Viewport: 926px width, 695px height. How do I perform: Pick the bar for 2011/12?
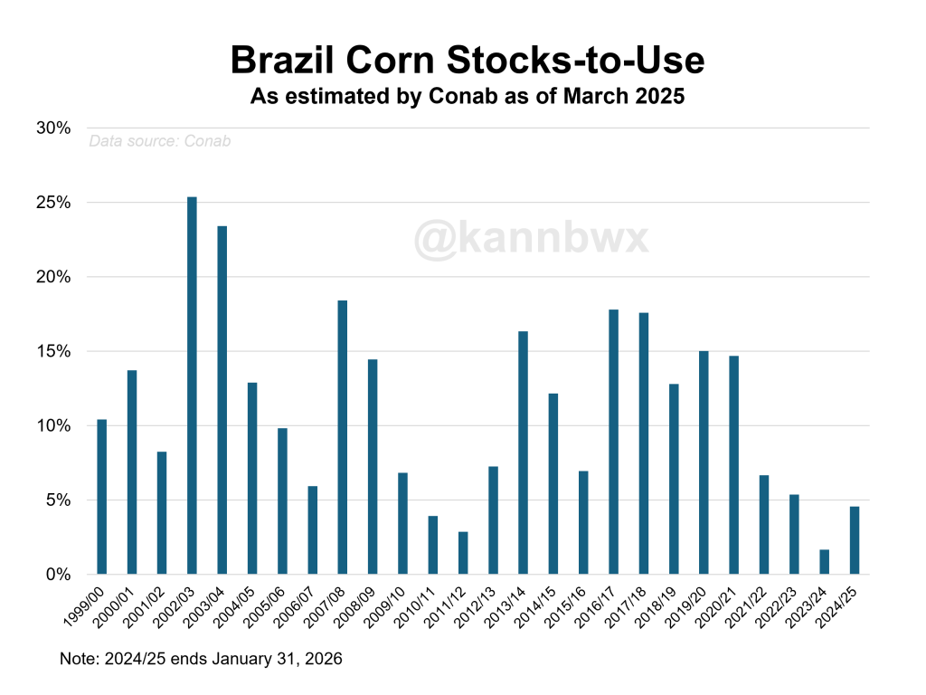click(x=463, y=553)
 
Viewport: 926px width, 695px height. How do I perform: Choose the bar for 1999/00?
click(x=101, y=497)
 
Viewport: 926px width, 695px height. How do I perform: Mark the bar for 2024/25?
click(x=854, y=540)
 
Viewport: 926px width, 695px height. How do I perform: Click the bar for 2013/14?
click(x=523, y=452)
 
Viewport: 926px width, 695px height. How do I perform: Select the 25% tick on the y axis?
click(x=53, y=203)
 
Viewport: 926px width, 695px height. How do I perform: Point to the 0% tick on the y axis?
click(x=57, y=575)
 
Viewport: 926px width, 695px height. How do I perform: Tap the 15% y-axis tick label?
click(x=53, y=351)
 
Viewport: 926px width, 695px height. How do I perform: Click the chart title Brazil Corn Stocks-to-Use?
click(x=467, y=60)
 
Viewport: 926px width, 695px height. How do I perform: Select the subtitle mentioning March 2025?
click(x=467, y=96)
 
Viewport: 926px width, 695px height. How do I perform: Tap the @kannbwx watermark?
click(x=532, y=239)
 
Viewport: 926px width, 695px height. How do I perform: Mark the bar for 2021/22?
click(x=764, y=525)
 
